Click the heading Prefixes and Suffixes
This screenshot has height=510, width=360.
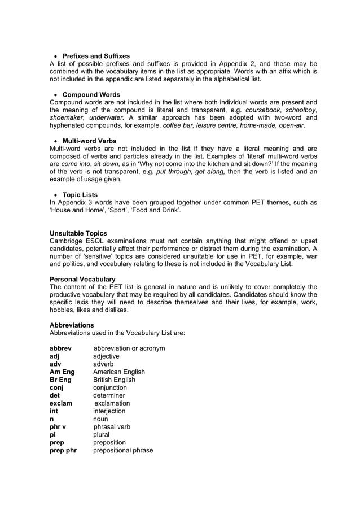pos(95,56)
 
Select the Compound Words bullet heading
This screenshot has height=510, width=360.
pos(91,94)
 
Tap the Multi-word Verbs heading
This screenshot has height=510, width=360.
pos(89,141)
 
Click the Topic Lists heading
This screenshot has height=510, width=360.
pos(80,195)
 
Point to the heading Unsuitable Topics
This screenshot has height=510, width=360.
pos(78,233)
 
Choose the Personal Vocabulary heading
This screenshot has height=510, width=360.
pos(82,279)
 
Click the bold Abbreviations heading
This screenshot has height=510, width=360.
pos(72,325)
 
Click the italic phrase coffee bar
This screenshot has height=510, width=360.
pos(178,126)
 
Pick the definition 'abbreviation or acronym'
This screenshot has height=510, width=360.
pos(129,348)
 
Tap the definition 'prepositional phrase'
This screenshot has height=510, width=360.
pos(122,450)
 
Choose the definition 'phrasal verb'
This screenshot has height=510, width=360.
pos(111,427)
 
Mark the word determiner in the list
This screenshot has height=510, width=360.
pos(109,395)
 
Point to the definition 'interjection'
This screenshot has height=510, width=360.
pos(109,411)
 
